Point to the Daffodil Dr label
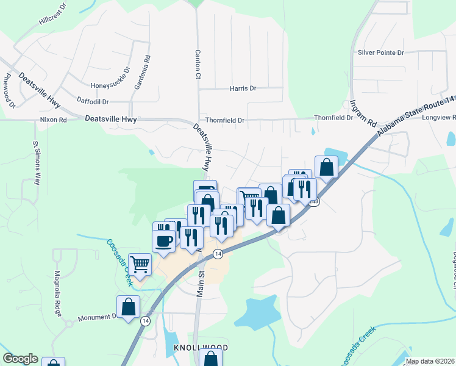(93, 101)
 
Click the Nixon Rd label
(53, 120)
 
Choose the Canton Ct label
(198, 65)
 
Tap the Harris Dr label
(243, 88)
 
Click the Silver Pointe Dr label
(381, 53)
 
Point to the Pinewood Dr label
(9, 91)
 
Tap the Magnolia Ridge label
(58, 293)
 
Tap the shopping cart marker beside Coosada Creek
(140, 264)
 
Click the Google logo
(20, 359)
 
